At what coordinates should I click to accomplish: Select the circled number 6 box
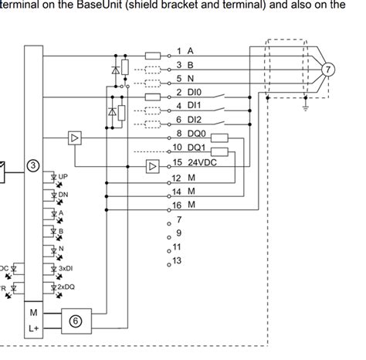[76, 320]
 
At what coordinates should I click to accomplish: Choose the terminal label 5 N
[185, 77]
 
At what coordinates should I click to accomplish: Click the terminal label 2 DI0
[188, 92]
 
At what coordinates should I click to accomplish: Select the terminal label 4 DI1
[188, 105]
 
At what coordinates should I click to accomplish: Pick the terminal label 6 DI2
[188, 119]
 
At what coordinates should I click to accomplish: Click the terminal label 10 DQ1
[189, 148]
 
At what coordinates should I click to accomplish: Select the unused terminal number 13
[177, 260]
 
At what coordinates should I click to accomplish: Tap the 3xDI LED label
[64, 268]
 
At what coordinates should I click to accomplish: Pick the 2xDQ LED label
[64, 287]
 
